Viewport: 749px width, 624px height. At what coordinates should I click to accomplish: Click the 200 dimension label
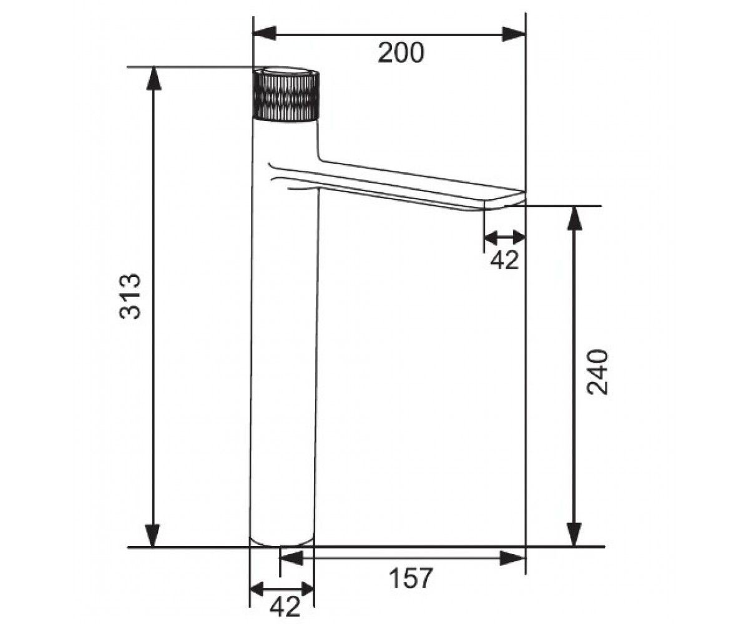401,53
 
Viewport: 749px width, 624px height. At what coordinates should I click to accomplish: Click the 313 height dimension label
130,296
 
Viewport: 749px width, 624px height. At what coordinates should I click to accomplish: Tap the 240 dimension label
597,372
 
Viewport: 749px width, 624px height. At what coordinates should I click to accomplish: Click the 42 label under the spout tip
504,260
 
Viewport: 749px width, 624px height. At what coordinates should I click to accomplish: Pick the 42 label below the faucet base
285,608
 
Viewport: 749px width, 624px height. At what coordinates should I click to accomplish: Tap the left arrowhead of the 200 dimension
265,33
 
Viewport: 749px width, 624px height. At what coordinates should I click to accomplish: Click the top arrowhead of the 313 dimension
154,78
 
